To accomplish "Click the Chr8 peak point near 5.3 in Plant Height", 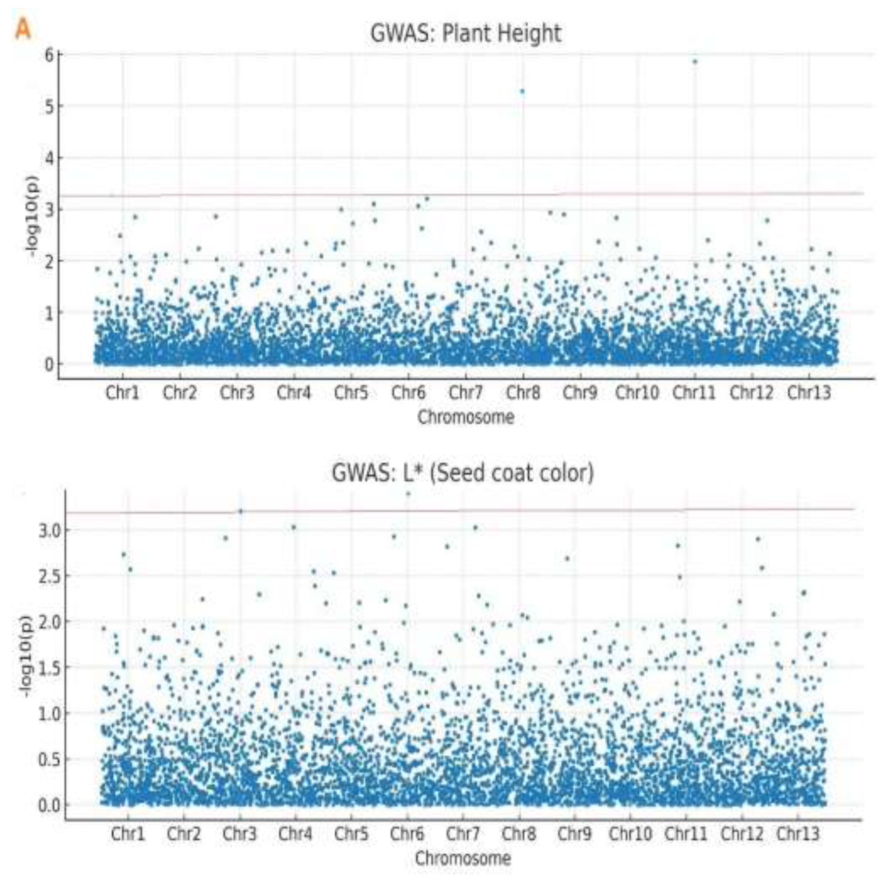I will tap(522, 91).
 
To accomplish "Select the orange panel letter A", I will tap(23, 30).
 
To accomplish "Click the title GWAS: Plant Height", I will tap(465, 33).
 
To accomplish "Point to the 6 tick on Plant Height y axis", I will tap(48, 55).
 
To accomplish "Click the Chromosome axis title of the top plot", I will tap(465, 417).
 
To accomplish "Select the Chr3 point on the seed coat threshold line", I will tap(240, 511).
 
